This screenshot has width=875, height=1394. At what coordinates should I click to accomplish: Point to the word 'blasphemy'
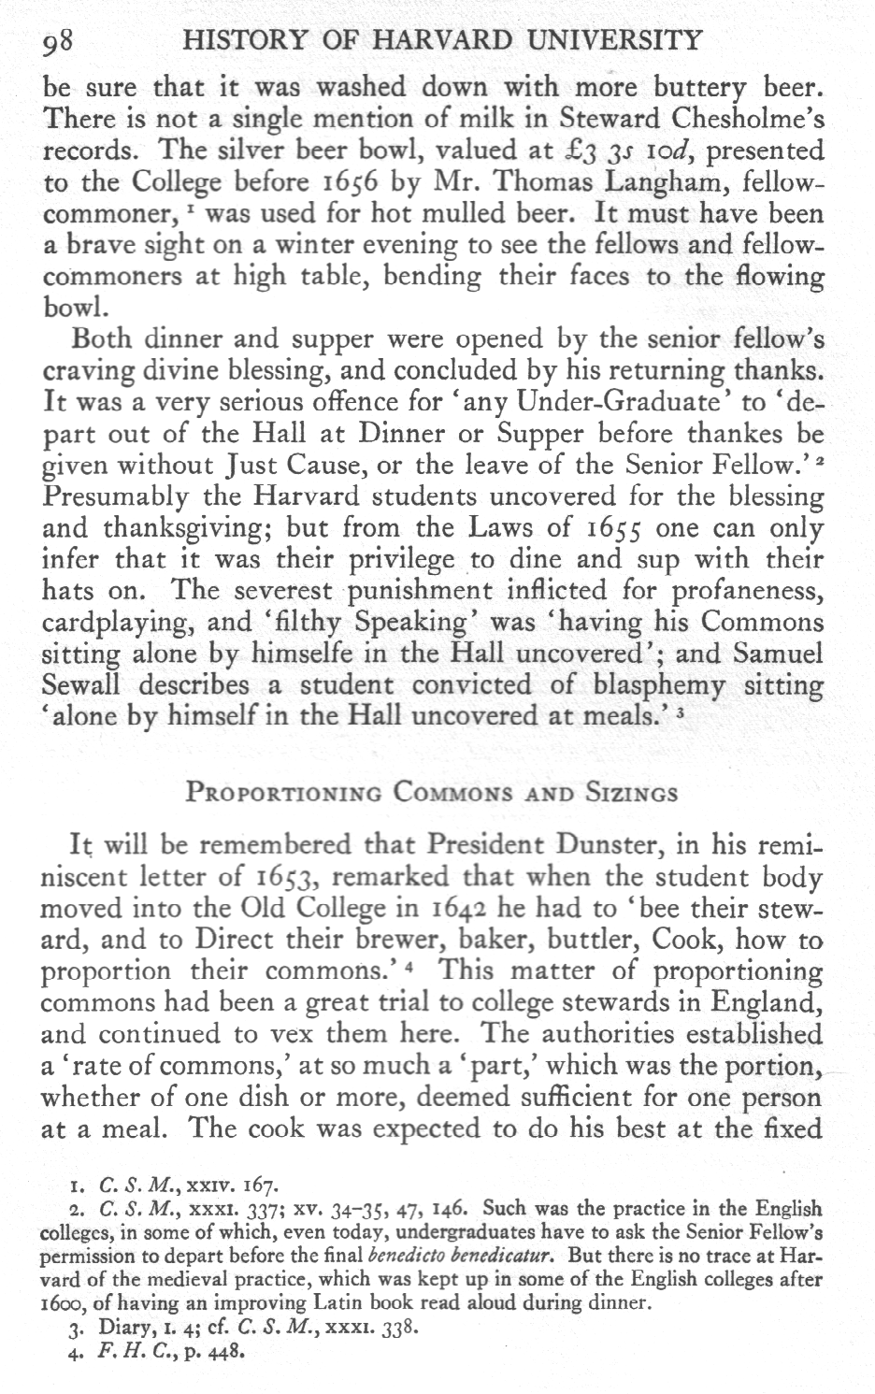coord(654,686)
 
